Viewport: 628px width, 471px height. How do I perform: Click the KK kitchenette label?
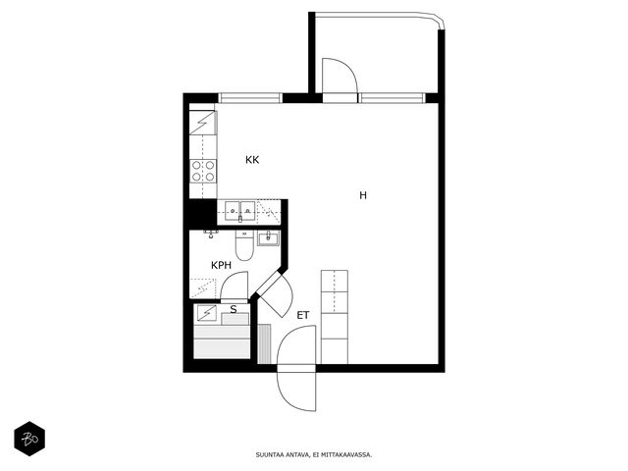pyautogui.click(x=252, y=160)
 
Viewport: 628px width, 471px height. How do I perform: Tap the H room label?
pyautogui.click(x=363, y=195)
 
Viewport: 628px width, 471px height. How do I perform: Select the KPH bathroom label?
pyautogui.click(x=221, y=265)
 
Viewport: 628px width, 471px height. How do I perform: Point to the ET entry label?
pyautogui.click(x=303, y=315)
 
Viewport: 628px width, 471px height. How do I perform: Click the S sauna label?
pyautogui.click(x=234, y=309)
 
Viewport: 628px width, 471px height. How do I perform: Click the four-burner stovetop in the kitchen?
pyautogui.click(x=203, y=171)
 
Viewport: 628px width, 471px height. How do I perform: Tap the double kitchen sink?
pyautogui.click(x=239, y=211)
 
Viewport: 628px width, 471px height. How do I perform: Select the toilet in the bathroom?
pyautogui.click(x=244, y=245)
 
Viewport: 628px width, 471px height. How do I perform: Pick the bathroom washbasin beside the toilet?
pyautogui.click(x=268, y=238)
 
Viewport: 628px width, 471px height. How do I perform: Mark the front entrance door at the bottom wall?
pyautogui.click(x=296, y=368)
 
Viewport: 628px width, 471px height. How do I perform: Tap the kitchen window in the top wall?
pyautogui.click(x=250, y=98)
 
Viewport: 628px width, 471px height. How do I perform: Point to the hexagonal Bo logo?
pyautogui.click(x=29, y=439)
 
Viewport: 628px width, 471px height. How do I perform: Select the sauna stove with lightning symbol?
pyautogui.click(x=206, y=314)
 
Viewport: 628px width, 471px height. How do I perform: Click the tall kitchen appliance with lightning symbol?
pyautogui.click(x=203, y=123)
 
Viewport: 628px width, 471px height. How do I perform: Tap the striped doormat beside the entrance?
pyautogui.click(x=264, y=344)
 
